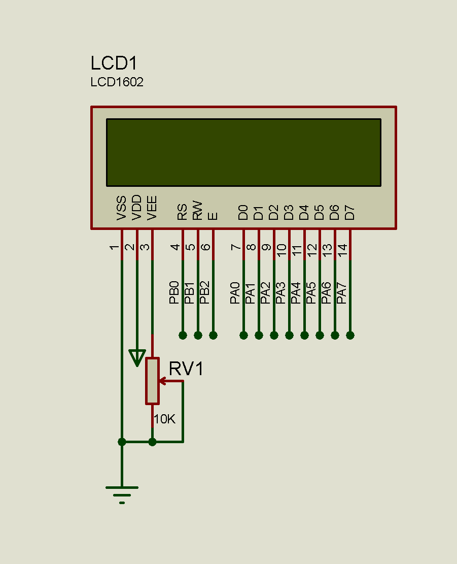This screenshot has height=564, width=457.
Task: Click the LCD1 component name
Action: coord(114,63)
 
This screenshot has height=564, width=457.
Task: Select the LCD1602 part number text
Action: coord(117,82)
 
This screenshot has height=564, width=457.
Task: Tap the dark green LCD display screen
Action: coord(243,152)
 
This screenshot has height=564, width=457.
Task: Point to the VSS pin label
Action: coord(122,208)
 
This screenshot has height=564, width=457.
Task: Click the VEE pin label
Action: coord(152,208)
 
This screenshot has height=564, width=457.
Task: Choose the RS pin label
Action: coord(183,211)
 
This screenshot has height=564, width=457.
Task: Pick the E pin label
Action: coord(213,215)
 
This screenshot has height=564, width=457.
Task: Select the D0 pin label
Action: coord(243,212)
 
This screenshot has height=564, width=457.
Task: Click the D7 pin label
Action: coord(350,212)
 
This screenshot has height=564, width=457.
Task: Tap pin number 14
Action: coord(343,249)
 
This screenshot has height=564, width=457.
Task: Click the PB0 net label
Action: coord(174,292)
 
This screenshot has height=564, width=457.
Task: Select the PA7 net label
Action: coord(342,292)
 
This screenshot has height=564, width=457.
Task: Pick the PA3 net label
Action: coord(281,292)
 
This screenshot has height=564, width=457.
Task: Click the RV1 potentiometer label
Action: coord(186,369)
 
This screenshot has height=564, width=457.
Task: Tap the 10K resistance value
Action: coord(164,419)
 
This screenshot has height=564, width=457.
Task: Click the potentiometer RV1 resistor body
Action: coord(152,381)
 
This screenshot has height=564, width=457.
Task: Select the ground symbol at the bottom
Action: coord(122,492)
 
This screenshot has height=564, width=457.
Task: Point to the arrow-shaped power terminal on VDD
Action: coord(137,357)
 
